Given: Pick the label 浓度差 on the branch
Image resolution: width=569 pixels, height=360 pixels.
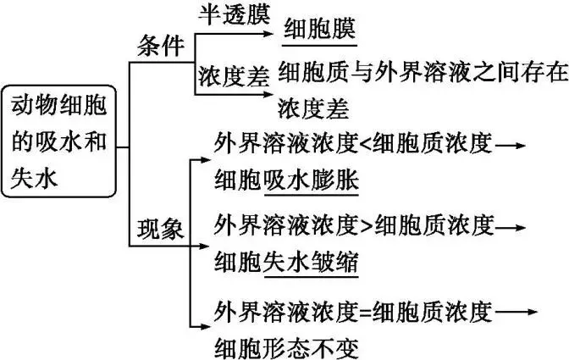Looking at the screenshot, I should coord(234,75).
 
